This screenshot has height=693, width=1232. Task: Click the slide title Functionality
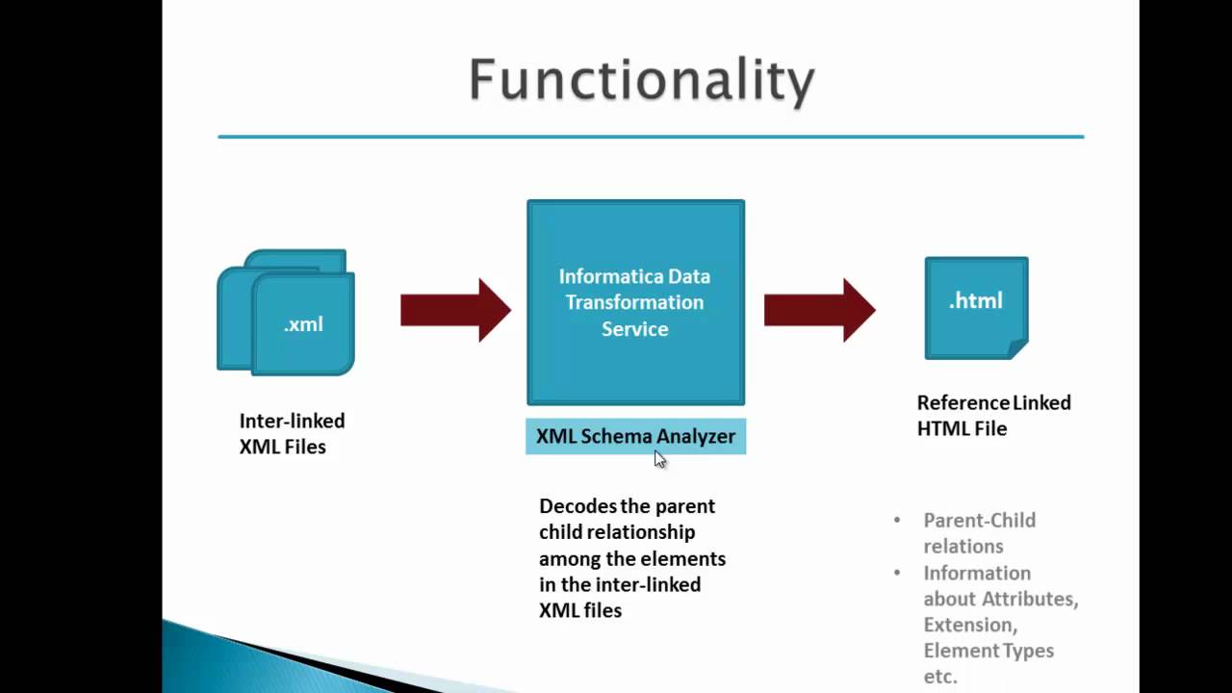[x=641, y=81]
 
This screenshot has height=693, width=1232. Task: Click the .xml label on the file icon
[x=303, y=324]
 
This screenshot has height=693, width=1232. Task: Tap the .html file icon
[x=975, y=308]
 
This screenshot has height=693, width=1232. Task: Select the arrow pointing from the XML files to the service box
[x=455, y=310]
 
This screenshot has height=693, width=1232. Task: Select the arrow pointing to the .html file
[x=819, y=310]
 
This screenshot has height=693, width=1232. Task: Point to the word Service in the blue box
[x=634, y=329]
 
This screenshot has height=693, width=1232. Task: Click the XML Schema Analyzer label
[x=635, y=436]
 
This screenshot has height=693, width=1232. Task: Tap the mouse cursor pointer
[x=659, y=459]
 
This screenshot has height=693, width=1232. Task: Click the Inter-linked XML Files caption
[x=292, y=434]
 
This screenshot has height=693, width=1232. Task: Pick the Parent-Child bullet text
[x=979, y=532]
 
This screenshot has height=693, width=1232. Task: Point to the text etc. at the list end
[x=940, y=677]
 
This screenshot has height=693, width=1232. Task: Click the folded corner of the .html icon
[x=1017, y=348]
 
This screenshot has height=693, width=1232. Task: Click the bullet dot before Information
[x=897, y=573]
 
